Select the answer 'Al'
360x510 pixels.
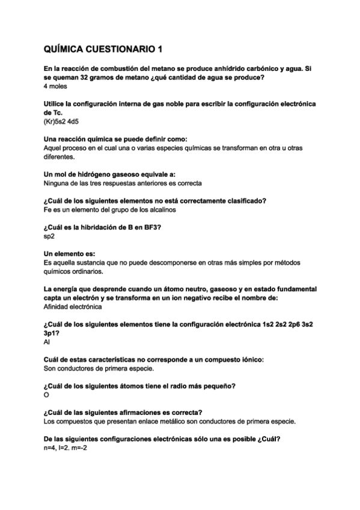point(47,341)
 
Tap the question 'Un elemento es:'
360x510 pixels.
point(70,253)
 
